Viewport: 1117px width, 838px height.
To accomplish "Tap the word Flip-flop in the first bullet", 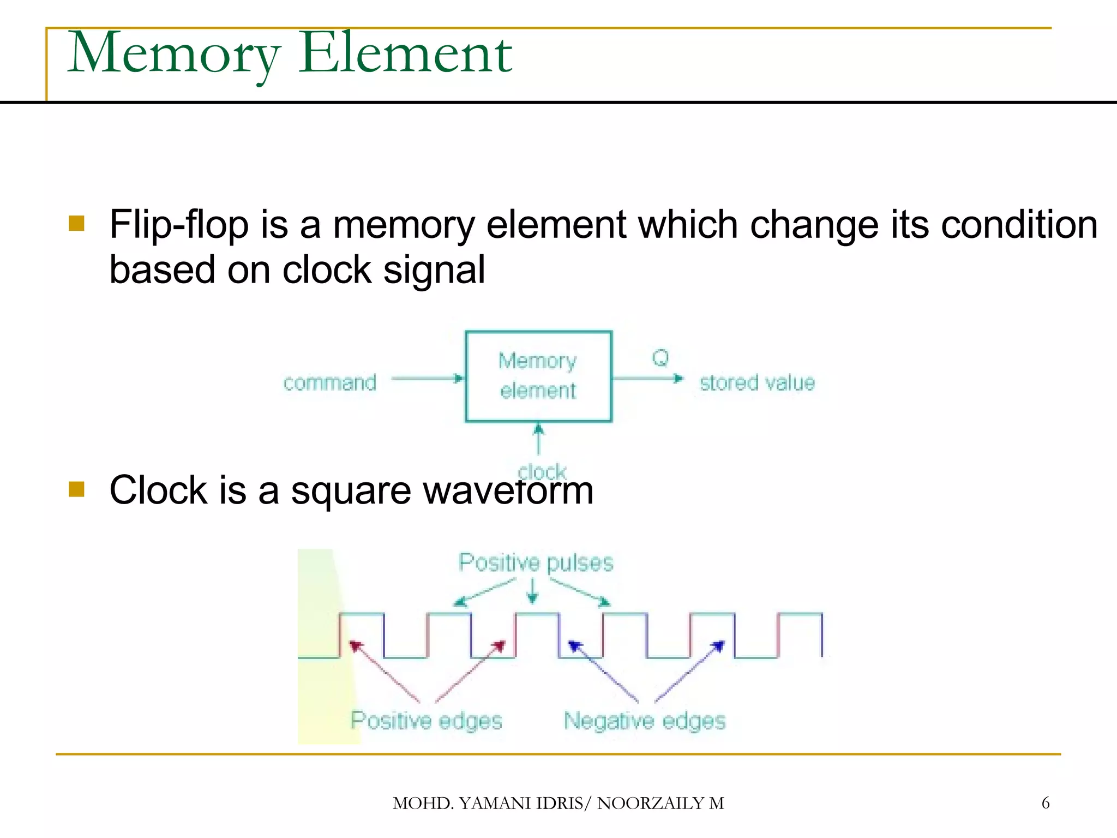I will [x=179, y=225].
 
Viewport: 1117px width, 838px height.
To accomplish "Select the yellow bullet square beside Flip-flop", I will [x=77, y=224].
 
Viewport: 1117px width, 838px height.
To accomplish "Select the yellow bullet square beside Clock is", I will [x=77, y=489].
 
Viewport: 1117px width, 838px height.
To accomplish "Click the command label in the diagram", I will [x=329, y=383].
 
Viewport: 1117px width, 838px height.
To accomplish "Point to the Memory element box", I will [x=538, y=376].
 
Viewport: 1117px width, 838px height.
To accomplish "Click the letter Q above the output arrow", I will [x=660, y=358].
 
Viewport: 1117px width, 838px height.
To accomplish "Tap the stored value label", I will [x=757, y=383].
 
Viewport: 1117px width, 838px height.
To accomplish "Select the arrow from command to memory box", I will [x=427, y=378].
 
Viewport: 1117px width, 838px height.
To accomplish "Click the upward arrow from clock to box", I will [x=538, y=439].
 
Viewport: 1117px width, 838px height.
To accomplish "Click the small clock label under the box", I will [x=542, y=470].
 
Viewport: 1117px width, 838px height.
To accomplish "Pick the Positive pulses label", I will [x=536, y=562].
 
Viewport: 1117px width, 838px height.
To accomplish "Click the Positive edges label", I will [x=426, y=721].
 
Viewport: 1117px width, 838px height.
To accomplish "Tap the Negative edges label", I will [x=645, y=721].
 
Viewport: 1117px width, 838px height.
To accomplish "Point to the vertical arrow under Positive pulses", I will [x=533, y=591].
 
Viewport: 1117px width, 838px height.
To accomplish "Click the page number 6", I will [x=1045, y=803].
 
